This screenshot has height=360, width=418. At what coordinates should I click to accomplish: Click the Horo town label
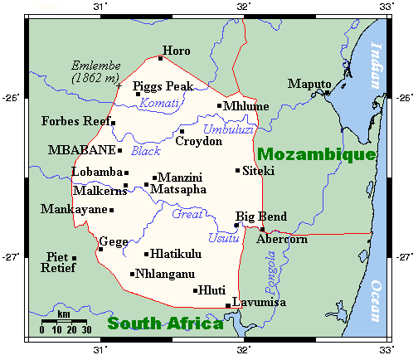pyautogui.click(x=177, y=51)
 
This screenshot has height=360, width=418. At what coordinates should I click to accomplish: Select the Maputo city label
pyautogui.click(x=309, y=84)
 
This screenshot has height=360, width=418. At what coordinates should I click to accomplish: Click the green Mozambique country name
pyautogui.click(x=316, y=154)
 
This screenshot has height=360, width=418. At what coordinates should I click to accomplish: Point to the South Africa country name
pyautogui.click(x=165, y=324)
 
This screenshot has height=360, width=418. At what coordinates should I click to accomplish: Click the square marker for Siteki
pyautogui.click(x=238, y=171)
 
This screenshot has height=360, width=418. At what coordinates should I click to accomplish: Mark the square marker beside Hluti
pyautogui.click(x=196, y=290)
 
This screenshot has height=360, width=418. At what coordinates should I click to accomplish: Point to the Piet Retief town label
pyautogui.click(x=56, y=262)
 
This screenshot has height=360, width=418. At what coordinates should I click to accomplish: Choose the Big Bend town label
pyautogui.click(x=261, y=216)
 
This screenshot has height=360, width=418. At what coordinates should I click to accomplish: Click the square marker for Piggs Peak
pyautogui.click(x=139, y=94)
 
